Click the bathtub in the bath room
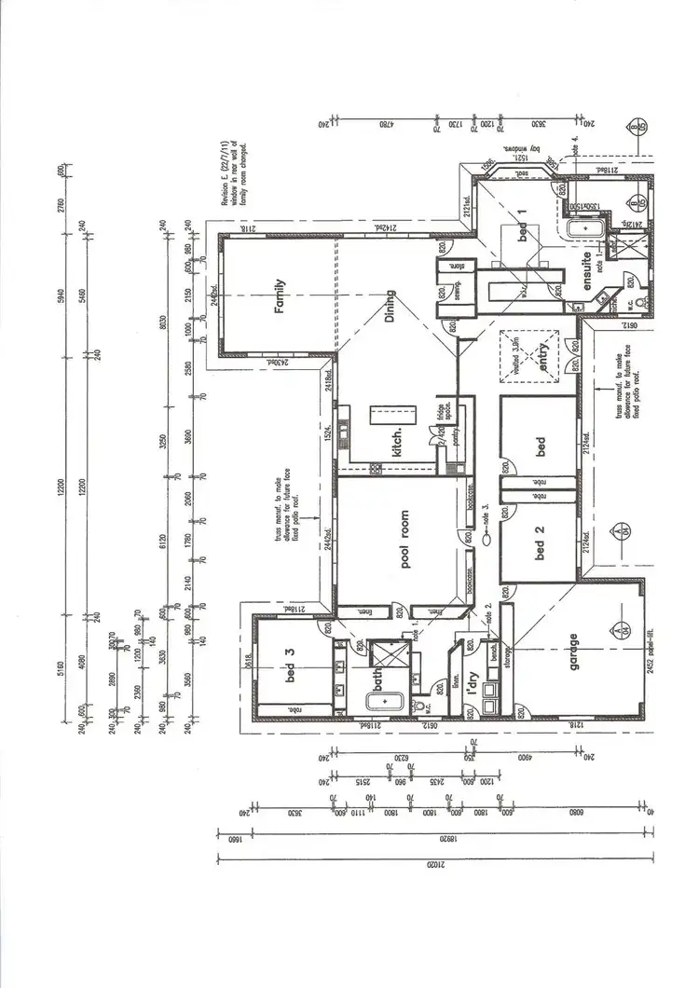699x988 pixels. tap(379, 701)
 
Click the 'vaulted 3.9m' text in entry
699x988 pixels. tap(517, 354)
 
